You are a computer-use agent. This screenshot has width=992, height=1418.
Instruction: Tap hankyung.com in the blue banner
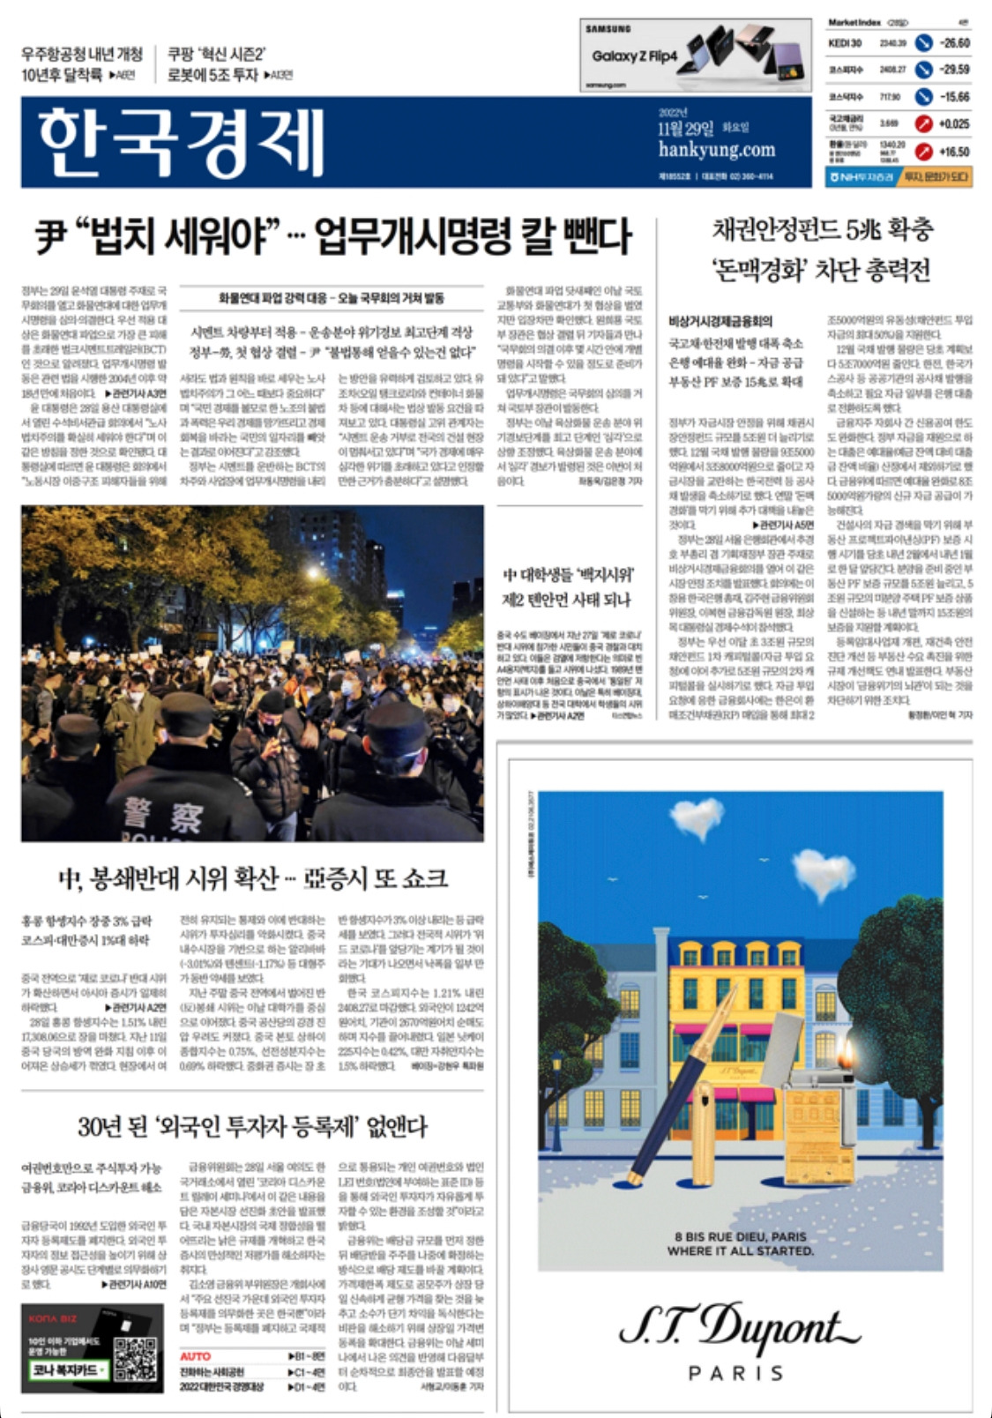(x=716, y=149)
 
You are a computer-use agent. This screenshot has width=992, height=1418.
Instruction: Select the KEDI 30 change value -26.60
(x=953, y=42)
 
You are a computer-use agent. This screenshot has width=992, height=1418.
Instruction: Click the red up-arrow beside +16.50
(x=923, y=152)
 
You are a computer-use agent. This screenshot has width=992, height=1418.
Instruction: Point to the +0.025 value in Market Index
(x=953, y=124)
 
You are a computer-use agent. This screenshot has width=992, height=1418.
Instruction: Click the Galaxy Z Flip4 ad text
(x=634, y=56)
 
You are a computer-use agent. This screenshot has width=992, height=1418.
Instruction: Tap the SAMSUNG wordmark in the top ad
(x=608, y=29)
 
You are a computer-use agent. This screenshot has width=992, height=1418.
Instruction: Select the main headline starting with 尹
(x=333, y=235)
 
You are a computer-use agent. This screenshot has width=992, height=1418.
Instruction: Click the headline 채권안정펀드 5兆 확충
(x=821, y=230)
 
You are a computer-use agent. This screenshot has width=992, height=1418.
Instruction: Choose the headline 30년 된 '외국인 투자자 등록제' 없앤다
(x=252, y=1126)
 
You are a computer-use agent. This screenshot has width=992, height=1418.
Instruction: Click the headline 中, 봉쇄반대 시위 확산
(x=252, y=878)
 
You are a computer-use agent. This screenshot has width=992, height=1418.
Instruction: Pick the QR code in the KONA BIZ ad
(x=135, y=1359)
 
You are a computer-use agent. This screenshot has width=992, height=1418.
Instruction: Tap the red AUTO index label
(x=195, y=1356)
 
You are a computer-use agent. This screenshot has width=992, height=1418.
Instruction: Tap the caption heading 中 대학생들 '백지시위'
(x=567, y=576)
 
